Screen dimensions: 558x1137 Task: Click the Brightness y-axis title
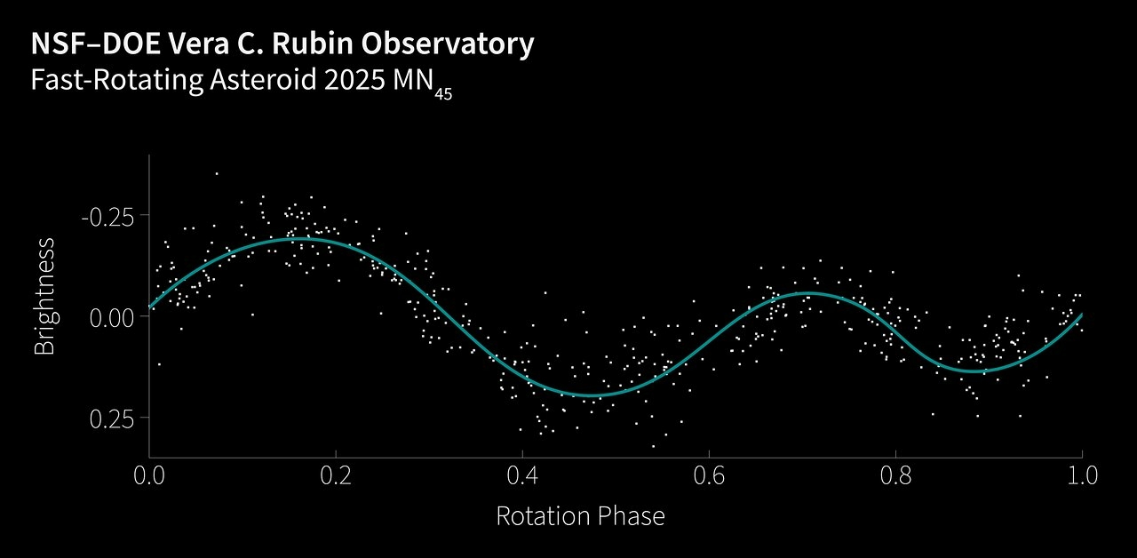(44, 296)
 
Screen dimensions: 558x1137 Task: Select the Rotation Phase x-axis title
(580, 516)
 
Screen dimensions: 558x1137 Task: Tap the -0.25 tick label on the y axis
(108, 216)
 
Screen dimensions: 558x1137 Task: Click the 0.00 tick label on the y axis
(114, 317)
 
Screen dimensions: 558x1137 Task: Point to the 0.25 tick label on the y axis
(114, 418)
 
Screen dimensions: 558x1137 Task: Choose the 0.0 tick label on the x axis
(149, 474)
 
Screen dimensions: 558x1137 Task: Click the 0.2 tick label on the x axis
(336, 474)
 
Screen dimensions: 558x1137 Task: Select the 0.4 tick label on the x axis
(522, 474)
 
